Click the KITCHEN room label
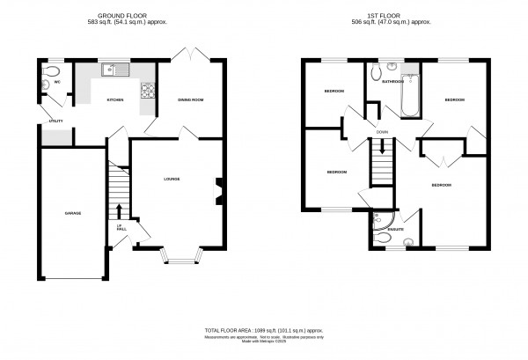pyautogui.click(x=115, y=100)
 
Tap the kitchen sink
pyautogui.click(x=114, y=69)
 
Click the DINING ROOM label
pyautogui.click(x=191, y=100)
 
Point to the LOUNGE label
pyautogui.click(x=172, y=180)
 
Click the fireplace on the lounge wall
pyautogui.click(x=219, y=190)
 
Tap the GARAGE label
pyautogui.click(x=73, y=212)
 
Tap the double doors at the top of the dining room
pyautogui.click(x=190, y=55)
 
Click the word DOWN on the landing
pyautogui.click(x=382, y=132)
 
